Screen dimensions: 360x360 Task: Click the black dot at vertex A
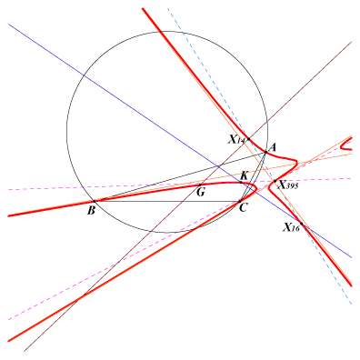click(265, 152)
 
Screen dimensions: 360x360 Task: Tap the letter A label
click(273, 147)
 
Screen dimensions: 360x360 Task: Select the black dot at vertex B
click(95, 201)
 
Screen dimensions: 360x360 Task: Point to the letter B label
click(91, 210)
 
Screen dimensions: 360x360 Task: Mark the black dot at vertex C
click(240, 201)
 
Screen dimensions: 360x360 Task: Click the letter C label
click(244, 208)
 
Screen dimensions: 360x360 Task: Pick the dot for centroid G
click(200, 185)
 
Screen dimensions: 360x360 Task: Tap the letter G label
click(200, 192)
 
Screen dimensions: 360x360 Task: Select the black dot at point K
click(241, 183)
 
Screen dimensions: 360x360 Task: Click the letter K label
click(245, 175)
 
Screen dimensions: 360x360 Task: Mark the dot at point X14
click(249, 139)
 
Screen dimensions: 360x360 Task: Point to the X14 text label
click(237, 140)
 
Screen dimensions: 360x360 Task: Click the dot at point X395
click(275, 181)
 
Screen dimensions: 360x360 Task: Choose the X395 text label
click(288, 185)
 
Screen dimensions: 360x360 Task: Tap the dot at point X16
click(301, 224)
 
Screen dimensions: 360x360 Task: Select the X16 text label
click(291, 227)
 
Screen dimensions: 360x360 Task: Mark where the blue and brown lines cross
click(219, 166)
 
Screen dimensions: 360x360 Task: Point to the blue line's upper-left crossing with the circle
click(84, 75)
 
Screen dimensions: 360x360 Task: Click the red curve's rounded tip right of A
click(297, 163)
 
